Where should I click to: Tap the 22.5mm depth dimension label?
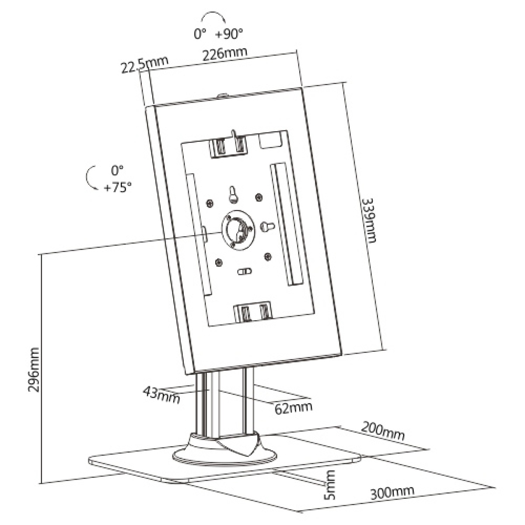tap(144, 63)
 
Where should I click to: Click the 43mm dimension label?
tap(161, 395)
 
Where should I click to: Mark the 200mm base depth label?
tap(382, 432)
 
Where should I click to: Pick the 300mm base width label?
tap(392, 493)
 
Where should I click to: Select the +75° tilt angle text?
tap(117, 188)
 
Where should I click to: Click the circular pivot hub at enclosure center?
tap(238, 231)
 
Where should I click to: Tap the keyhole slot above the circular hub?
tap(234, 195)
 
